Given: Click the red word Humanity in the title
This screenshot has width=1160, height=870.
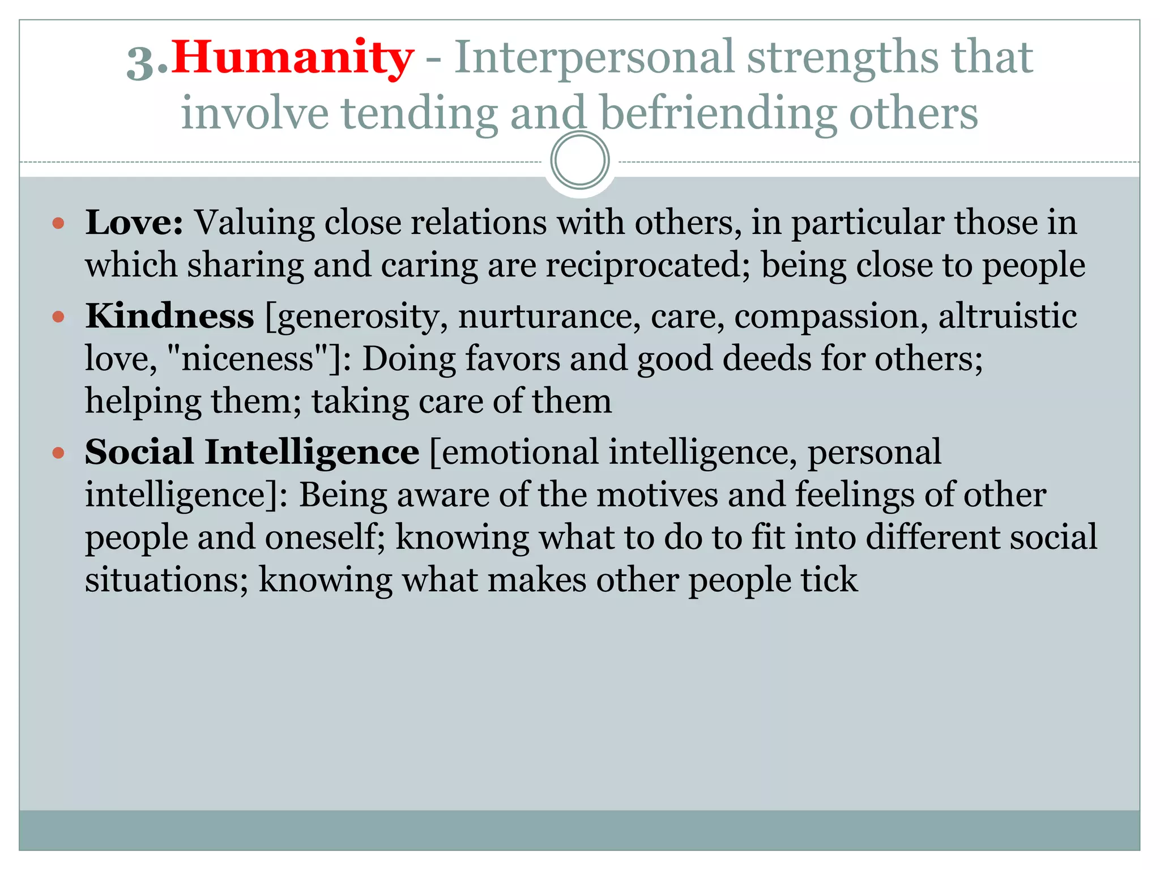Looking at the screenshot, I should (x=292, y=58).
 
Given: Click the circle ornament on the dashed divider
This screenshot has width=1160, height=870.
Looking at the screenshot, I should (x=579, y=160).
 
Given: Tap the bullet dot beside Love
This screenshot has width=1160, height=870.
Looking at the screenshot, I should (x=58, y=223).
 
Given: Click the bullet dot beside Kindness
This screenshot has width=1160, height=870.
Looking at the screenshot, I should (x=58, y=316).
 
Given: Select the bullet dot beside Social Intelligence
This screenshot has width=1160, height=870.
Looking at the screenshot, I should (x=58, y=453).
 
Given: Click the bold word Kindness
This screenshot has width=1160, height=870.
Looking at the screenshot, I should (x=169, y=316).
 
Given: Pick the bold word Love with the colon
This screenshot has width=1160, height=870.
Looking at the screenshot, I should (x=134, y=223).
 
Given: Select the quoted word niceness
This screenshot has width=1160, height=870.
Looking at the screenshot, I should (x=248, y=359).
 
